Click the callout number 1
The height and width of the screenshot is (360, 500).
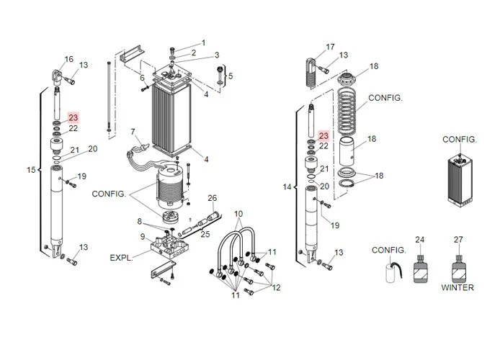(203, 42)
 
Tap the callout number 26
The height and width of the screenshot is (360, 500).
(213, 198)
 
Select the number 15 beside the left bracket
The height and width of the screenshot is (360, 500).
(31, 170)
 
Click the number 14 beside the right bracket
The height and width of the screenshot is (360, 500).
(287, 186)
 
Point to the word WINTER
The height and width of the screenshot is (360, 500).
(457, 287)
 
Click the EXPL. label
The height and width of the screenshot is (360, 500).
(121, 258)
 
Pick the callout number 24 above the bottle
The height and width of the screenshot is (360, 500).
(419, 240)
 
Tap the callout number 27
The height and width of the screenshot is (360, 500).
(458, 240)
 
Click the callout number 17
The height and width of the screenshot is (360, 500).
(331, 47)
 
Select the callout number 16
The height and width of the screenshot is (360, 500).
(69, 59)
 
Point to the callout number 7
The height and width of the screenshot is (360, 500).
(133, 132)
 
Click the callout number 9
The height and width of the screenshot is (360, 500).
(143, 237)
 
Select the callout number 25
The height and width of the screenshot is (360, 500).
(205, 234)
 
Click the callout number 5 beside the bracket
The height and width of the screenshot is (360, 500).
(231, 76)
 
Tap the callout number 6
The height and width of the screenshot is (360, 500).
(142, 78)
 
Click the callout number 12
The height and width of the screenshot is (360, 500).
(276, 288)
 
